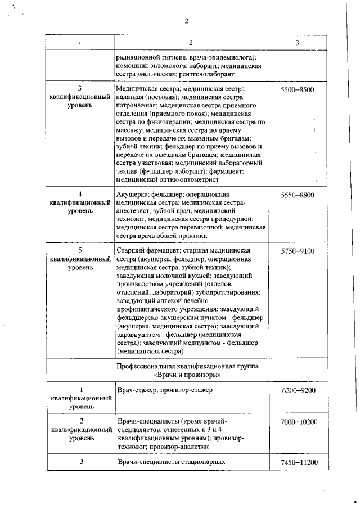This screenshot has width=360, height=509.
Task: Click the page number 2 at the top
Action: [186, 22]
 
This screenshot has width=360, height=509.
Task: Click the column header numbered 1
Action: [79, 43]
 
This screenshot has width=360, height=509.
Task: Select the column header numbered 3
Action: [297, 43]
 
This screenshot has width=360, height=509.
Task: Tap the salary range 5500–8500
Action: [297, 90]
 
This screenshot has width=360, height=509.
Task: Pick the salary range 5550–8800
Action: [297, 195]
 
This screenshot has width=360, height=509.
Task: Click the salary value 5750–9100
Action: [297, 251]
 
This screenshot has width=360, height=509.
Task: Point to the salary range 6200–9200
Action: [297, 390]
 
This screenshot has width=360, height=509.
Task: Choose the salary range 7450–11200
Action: [297, 462]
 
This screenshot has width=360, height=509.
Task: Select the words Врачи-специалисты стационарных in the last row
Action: [171, 462]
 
